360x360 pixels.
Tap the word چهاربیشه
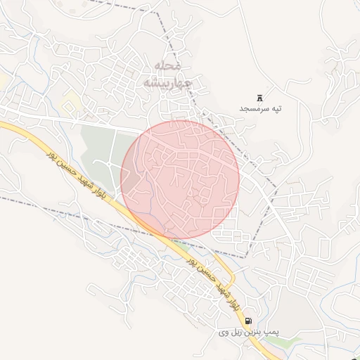pyautogui.click(x=167, y=82)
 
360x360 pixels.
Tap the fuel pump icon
pyautogui.click(x=247, y=320)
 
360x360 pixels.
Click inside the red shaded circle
pyautogui.click(x=181, y=179)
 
